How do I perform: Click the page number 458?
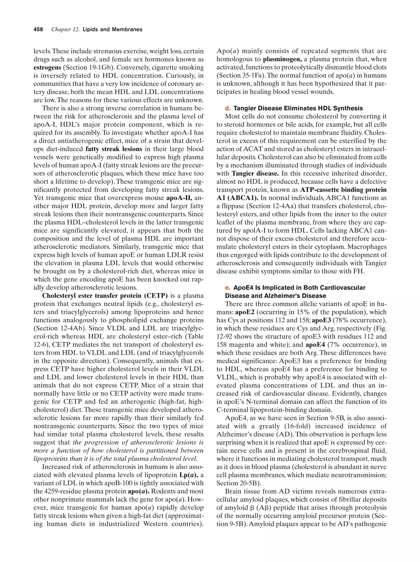click(x=38, y=30)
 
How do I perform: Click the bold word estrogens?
click(x=47, y=68)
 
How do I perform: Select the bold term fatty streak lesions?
click(x=114, y=149)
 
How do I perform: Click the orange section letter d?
click(x=227, y=108)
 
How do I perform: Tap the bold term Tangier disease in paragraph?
click(x=255, y=173)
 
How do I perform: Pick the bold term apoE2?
click(x=245, y=312)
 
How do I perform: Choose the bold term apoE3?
click(x=321, y=320)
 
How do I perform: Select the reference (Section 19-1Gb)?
click(x=88, y=68)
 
